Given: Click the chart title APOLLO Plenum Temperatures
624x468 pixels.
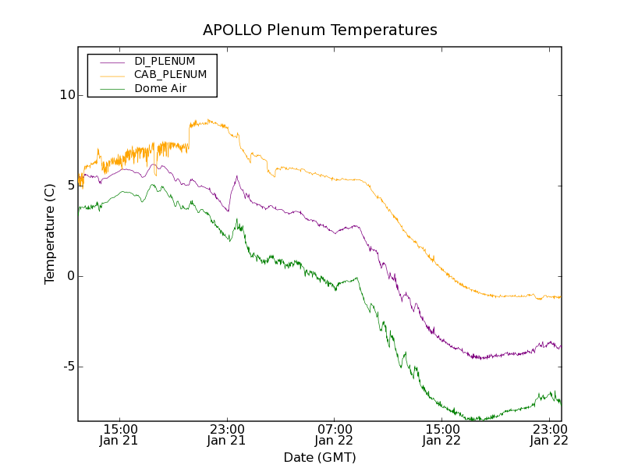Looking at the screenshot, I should pyautogui.click(x=320, y=30).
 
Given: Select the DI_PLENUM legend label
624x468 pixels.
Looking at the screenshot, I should pyautogui.click(x=165, y=61).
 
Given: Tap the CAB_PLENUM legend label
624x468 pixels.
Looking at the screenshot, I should pyautogui.click(x=170, y=75).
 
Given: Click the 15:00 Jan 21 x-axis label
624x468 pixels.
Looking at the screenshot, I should pyautogui.click(x=119, y=434).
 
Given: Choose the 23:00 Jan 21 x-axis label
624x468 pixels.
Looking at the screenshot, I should pyautogui.click(x=227, y=434).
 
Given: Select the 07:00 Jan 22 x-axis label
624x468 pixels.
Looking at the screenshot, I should pyautogui.click(x=335, y=434).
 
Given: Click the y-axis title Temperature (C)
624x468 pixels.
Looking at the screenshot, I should pyautogui.click(x=50, y=234).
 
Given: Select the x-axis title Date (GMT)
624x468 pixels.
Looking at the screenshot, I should pyautogui.click(x=320, y=457).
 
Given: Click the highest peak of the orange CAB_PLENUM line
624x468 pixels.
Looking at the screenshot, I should pyautogui.click(x=209, y=120).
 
